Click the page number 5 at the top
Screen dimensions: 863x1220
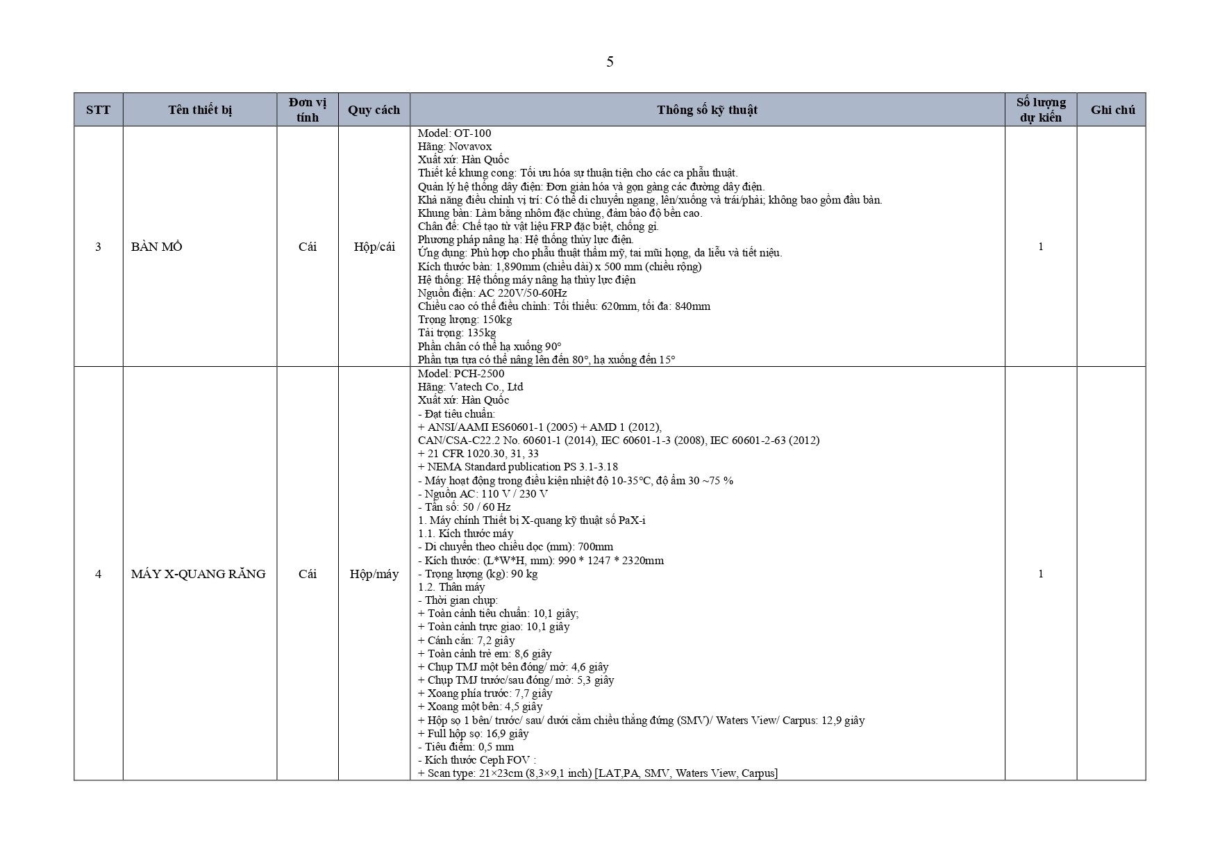click(x=610, y=62)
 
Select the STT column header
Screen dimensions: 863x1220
click(x=98, y=110)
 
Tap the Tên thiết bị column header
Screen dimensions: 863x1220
click(x=200, y=110)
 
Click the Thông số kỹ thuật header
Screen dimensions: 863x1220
click(x=707, y=110)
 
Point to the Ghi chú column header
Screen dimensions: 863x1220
click(x=1112, y=110)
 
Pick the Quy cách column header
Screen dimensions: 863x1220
click(x=374, y=110)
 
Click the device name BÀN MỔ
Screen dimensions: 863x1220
click(x=157, y=247)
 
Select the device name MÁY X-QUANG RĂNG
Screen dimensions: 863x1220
click(x=198, y=574)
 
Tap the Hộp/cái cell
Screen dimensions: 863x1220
click(x=374, y=247)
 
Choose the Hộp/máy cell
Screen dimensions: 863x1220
click(x=374, y=574)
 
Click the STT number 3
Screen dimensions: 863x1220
click(x=98, y=247)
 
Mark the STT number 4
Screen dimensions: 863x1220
click(x=98, y=574)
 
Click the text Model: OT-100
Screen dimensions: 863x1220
click(x=454, y=133)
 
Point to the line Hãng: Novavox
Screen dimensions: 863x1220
click(x=454, y=146)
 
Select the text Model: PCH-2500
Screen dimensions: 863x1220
click(x=461, y=373)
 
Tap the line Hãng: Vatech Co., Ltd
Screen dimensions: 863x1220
click(x=470, y=386)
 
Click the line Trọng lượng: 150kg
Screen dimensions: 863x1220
click(x=465, y=320)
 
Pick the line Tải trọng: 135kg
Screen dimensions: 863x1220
click(x=457, y=333)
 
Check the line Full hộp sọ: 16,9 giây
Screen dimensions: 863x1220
click(x=473, y=734)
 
